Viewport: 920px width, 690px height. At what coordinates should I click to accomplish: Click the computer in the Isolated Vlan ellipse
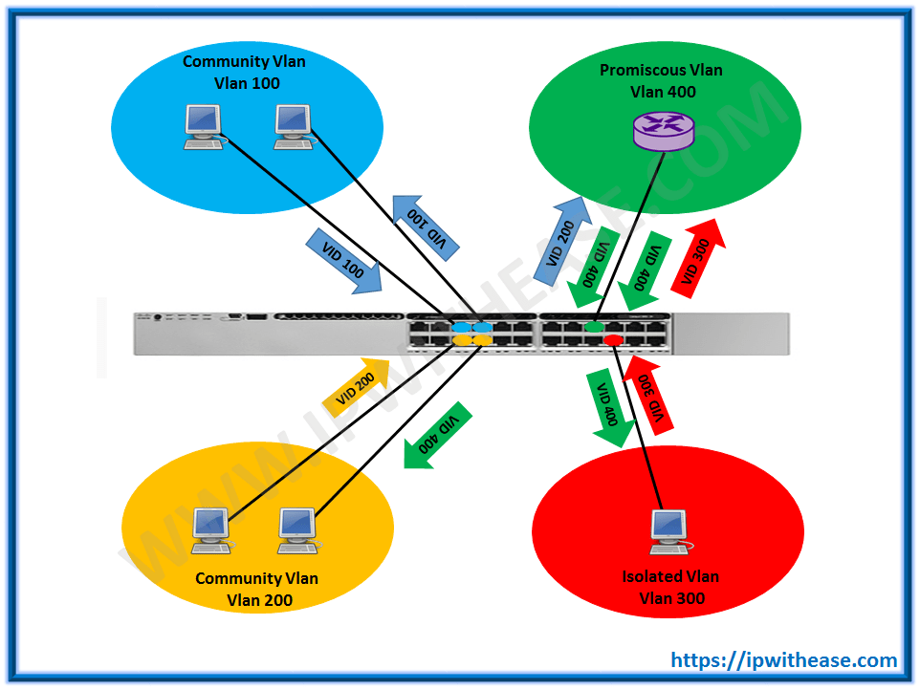click(x=667, y=531)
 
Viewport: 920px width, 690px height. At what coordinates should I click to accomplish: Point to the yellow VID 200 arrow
click(x=356, y=387)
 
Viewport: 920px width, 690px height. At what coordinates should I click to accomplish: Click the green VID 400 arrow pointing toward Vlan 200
click(x=437, y=436)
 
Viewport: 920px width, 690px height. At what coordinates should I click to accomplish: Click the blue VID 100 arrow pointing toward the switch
click(x=343, y=259)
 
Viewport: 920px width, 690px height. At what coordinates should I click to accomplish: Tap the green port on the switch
click(x=594, y=327)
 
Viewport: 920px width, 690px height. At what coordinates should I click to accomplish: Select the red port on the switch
click(x=613, y=339)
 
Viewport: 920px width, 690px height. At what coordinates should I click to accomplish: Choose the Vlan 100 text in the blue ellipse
click(x=247, y=83)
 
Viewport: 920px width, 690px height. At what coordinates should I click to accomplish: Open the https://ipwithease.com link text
click(x=783, y=659)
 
